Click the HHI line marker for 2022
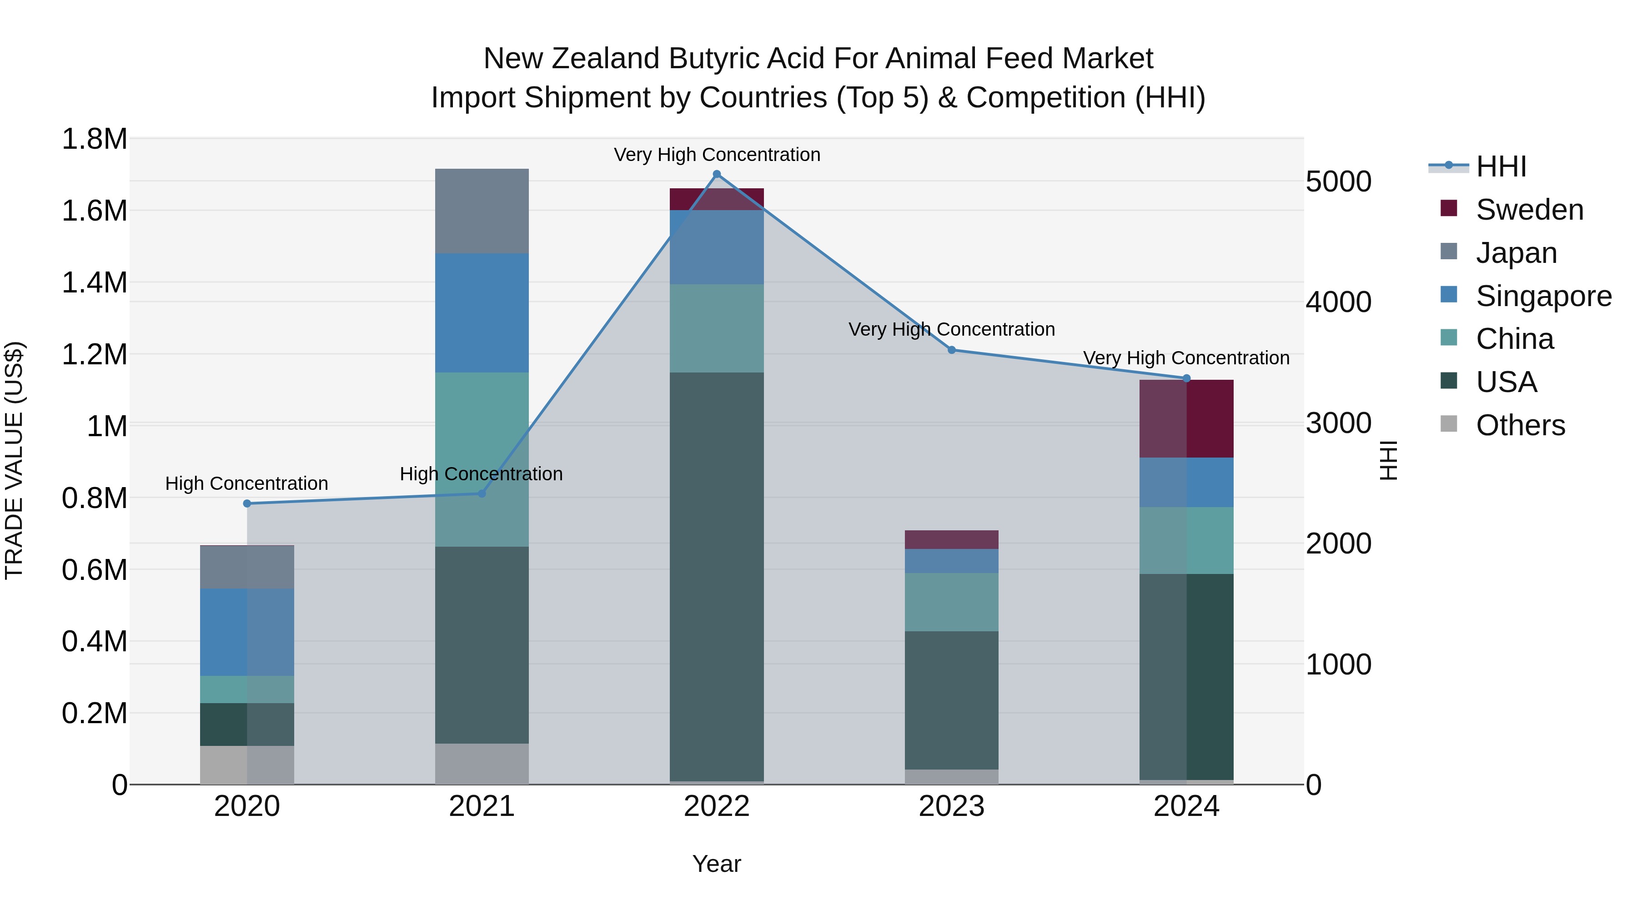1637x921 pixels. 717,174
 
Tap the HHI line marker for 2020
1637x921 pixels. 247,503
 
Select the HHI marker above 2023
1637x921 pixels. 951,350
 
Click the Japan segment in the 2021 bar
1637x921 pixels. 482,211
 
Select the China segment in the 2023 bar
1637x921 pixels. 951,601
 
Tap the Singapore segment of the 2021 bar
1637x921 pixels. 482,313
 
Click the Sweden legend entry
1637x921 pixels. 1529,210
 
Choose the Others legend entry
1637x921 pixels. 1520,425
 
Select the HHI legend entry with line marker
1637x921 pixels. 1501,166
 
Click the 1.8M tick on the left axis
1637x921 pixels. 95,139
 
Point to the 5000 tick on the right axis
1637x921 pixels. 1338,182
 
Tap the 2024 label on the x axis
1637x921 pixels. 1186,806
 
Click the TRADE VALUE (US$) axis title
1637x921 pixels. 14,460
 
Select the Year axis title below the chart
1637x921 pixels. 716,864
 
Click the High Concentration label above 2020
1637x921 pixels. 246,483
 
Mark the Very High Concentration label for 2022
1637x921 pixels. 717,155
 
